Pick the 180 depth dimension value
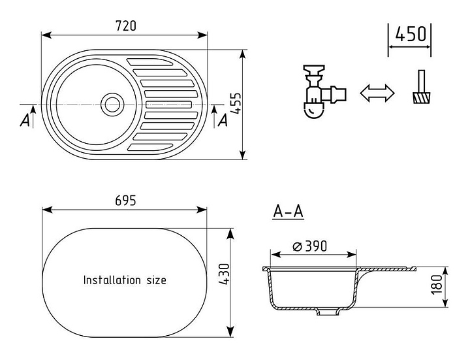click(437, 284)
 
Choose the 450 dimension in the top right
click(411, 33)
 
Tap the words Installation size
click(125, 280)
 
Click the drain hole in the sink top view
click(112, 103)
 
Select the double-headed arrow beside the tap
click(378, 93)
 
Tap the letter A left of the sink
click(25, 120)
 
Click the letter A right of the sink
click(222, 120)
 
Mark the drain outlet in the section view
click(323, 313)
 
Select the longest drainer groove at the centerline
click(168, 104)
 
